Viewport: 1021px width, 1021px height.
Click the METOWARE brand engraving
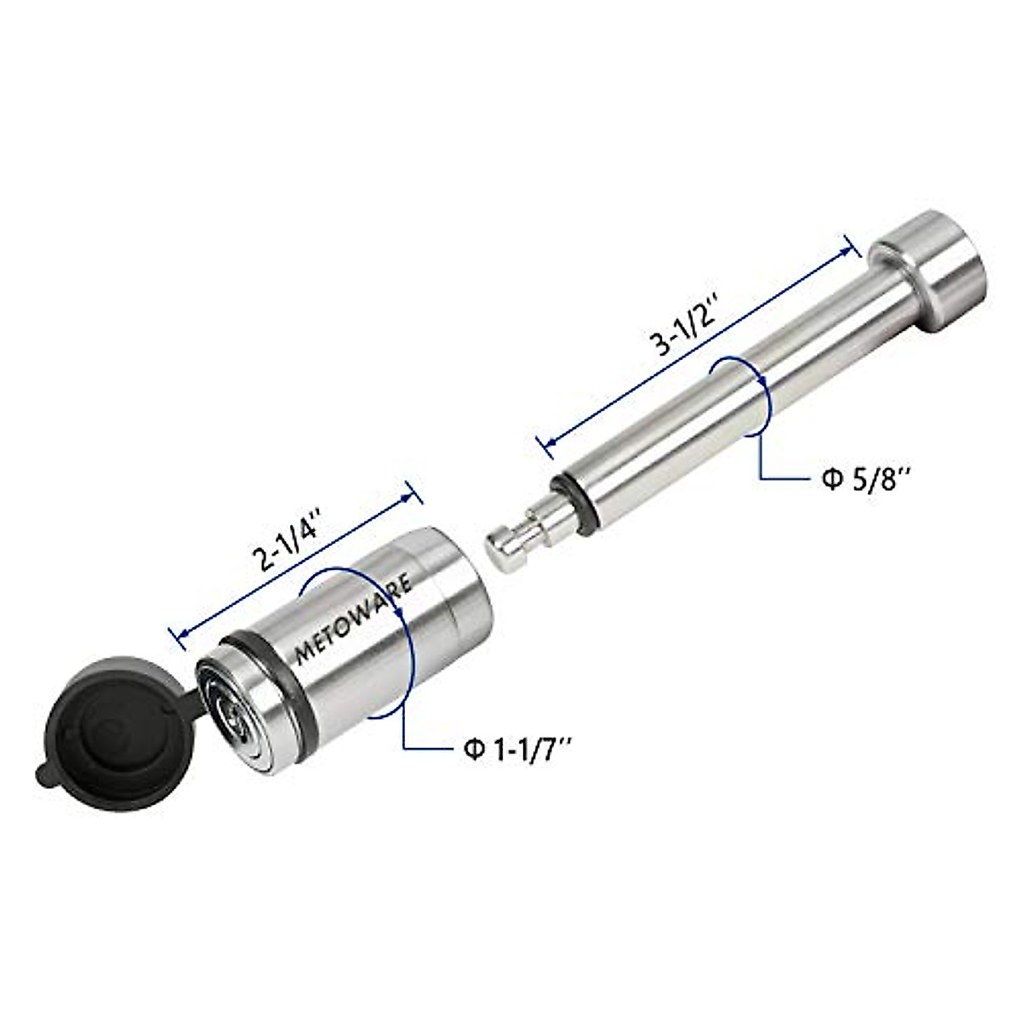point(353,619)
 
